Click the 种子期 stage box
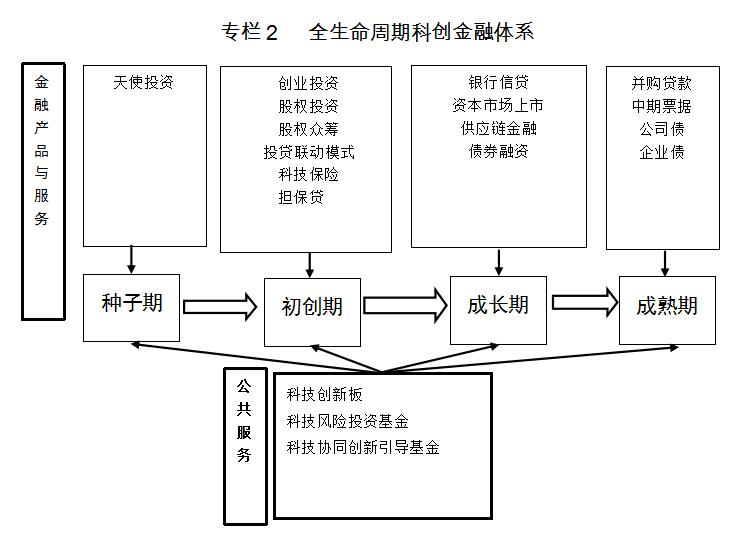click(131, 308)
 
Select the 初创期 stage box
click(313, 312)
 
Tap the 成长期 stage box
click(498, 310)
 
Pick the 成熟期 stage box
click(667, 310)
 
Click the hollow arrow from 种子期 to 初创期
click(220, 306)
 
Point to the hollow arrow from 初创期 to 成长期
click(405, 305)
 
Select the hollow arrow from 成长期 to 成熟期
click(585, 303)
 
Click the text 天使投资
click(143, 82)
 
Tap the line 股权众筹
click(308, 129)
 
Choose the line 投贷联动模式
click(309, 152)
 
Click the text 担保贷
click(301, 197)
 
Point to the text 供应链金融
click(499, 128)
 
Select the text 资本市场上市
click(498, 105)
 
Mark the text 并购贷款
click(661, 83)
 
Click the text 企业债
click(662, 152)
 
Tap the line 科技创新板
click(324, 394)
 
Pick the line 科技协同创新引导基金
click(363, 447)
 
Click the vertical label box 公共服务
click(245, 446)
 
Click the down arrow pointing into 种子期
click(131, 260)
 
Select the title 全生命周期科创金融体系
click(421, 32)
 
